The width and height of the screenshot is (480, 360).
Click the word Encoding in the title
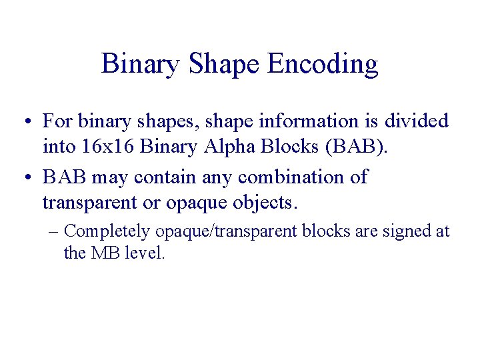point(323,65)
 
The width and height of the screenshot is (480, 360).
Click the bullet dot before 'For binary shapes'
point(23,122)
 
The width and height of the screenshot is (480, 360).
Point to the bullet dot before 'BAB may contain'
point(23,178)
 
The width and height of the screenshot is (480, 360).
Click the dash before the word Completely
point(54,231)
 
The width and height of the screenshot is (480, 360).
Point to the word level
point(145,253)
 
